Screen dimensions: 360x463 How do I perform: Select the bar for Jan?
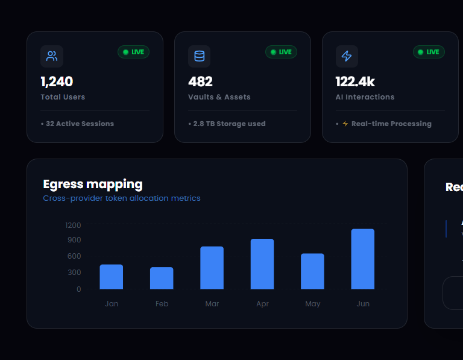pyautogui.click(x=112, y=277)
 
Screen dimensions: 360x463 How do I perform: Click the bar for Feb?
pyautogui.click(x=162, y=278)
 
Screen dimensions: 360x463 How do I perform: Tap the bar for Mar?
pyautogui.click(x=212, y=268)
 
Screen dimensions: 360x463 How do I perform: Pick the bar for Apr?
pyautogui.click(x=262, y=264)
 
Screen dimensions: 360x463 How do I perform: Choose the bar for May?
pyautogui.click(x=312, y=271)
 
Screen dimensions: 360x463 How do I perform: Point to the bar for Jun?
pyautogui.click(x=363, y=259)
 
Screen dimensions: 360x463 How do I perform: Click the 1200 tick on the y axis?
pyautogui.click(x=73, y=226)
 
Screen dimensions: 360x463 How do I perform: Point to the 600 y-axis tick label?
pyautogui.click(x=75, y=256)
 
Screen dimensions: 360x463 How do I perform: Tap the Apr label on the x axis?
pyautogui.click(x=262, y=304)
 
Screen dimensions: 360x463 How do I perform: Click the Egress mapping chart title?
pyautogui.click(x=93, y=184)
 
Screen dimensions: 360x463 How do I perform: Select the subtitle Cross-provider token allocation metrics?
pyautogui.click(x=122, y=198)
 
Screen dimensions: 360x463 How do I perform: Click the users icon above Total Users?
pyautogui.click(x=52, y=57)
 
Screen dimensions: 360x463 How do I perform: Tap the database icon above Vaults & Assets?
pyautogui.click(x=199, y=57)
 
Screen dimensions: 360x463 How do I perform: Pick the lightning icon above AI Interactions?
pyautogui.click(x=347, y=57)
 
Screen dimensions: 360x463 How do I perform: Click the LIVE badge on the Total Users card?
pyautogui.click(x=133, y=52)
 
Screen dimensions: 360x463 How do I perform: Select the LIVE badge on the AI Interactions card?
pyautogui.click(x=429, y=52)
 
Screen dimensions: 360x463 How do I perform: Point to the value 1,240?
pyautogui.click(x=57, y=81)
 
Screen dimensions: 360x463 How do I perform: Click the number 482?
pyautogui.click(x=200, y=81)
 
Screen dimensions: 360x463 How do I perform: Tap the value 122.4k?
pyautogui.click(x=355, y=81)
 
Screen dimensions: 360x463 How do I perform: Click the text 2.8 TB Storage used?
pyautogui.click(x=229, y=124)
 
